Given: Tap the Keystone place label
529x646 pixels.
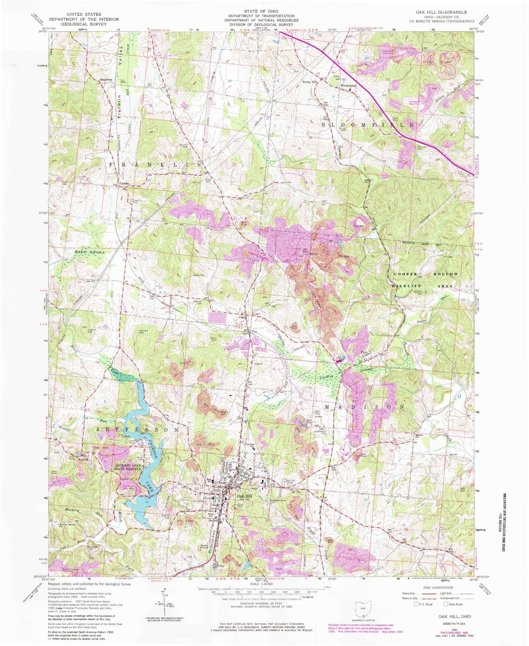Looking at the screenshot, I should [x=95, y=79].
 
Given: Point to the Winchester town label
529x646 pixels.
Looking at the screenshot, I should [x=348, y=86].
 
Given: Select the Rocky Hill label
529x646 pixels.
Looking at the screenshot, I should [x=309, y=82].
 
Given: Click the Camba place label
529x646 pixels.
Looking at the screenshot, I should [x=124, y=183].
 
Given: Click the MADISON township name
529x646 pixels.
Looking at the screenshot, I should [x=364, y=407].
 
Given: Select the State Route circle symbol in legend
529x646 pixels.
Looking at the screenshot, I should [x=446, y=604].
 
